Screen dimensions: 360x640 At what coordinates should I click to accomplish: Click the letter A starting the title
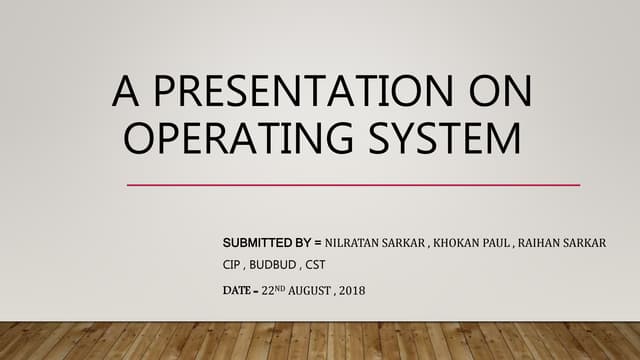pos(126,93)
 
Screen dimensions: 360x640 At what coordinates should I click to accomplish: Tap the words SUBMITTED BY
pos(264,243)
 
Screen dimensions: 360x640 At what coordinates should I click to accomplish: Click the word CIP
pos(232,266)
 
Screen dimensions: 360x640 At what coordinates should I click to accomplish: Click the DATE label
pos(238,291)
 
